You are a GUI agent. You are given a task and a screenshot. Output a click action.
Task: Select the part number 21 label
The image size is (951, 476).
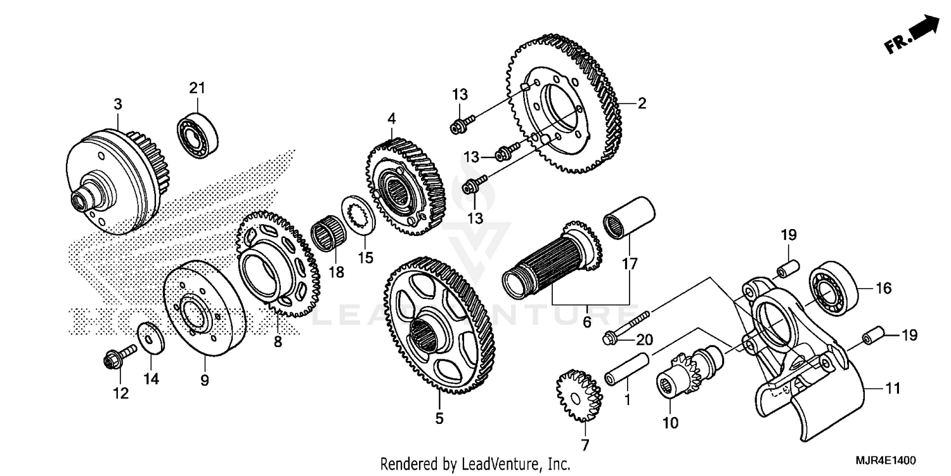[x=197, y=89]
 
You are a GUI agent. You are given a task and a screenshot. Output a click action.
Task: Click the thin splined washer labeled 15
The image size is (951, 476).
[x=359, y=216]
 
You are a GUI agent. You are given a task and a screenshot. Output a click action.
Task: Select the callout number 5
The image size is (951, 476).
[x=439, y=418]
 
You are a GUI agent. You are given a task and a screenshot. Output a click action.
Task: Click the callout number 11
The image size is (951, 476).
[x=893, y=388]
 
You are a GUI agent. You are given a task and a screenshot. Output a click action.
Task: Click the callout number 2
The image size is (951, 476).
[x=642, y=103]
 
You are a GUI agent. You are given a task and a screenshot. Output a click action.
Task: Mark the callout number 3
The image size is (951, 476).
[x=118, y=104]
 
